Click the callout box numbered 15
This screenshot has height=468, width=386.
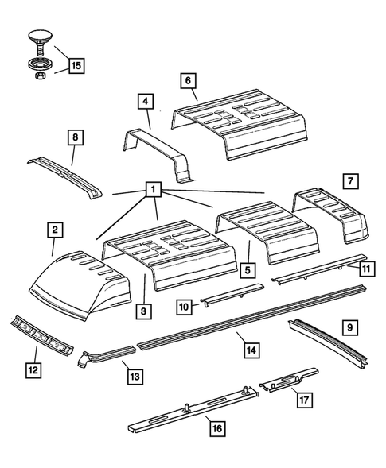click(76, 66)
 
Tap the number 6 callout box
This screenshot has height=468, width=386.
click(187, 81)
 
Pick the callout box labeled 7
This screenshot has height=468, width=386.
click(349, 180)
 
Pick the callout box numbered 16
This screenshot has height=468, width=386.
click(214, 430)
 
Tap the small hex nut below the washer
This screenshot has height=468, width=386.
click(37, 77)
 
